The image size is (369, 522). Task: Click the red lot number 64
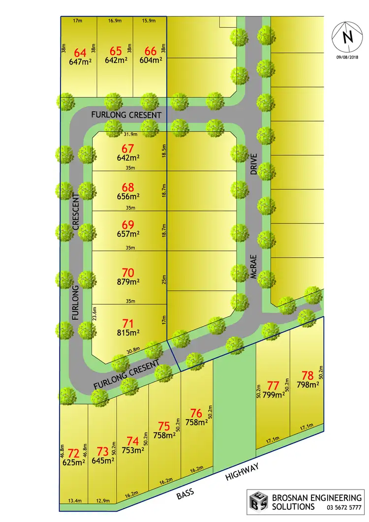pos(79,52)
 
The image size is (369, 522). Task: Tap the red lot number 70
pos(128,272)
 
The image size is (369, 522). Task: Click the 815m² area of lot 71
pos(128,333)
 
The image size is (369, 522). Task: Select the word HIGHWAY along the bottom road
pos(242,471)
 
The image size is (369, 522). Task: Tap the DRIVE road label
pos(253,165)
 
